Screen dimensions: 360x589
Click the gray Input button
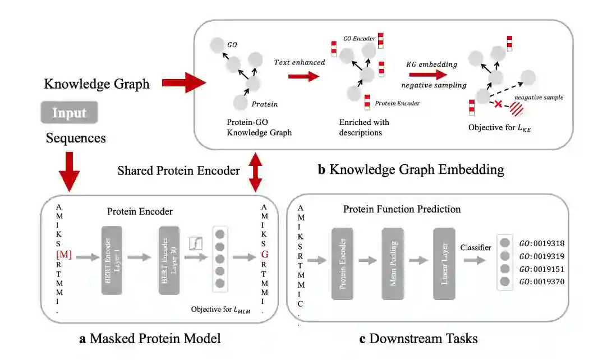[69, 113]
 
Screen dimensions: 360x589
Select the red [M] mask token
[64, 256]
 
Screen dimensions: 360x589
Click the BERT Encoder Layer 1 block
[115, 260]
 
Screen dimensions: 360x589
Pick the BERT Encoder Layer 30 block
[168, 260]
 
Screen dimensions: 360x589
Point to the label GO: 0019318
[542, 243]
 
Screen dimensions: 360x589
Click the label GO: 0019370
[542, 281]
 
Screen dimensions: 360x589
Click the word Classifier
[476, 247]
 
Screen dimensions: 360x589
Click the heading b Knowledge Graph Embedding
[411, 169]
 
